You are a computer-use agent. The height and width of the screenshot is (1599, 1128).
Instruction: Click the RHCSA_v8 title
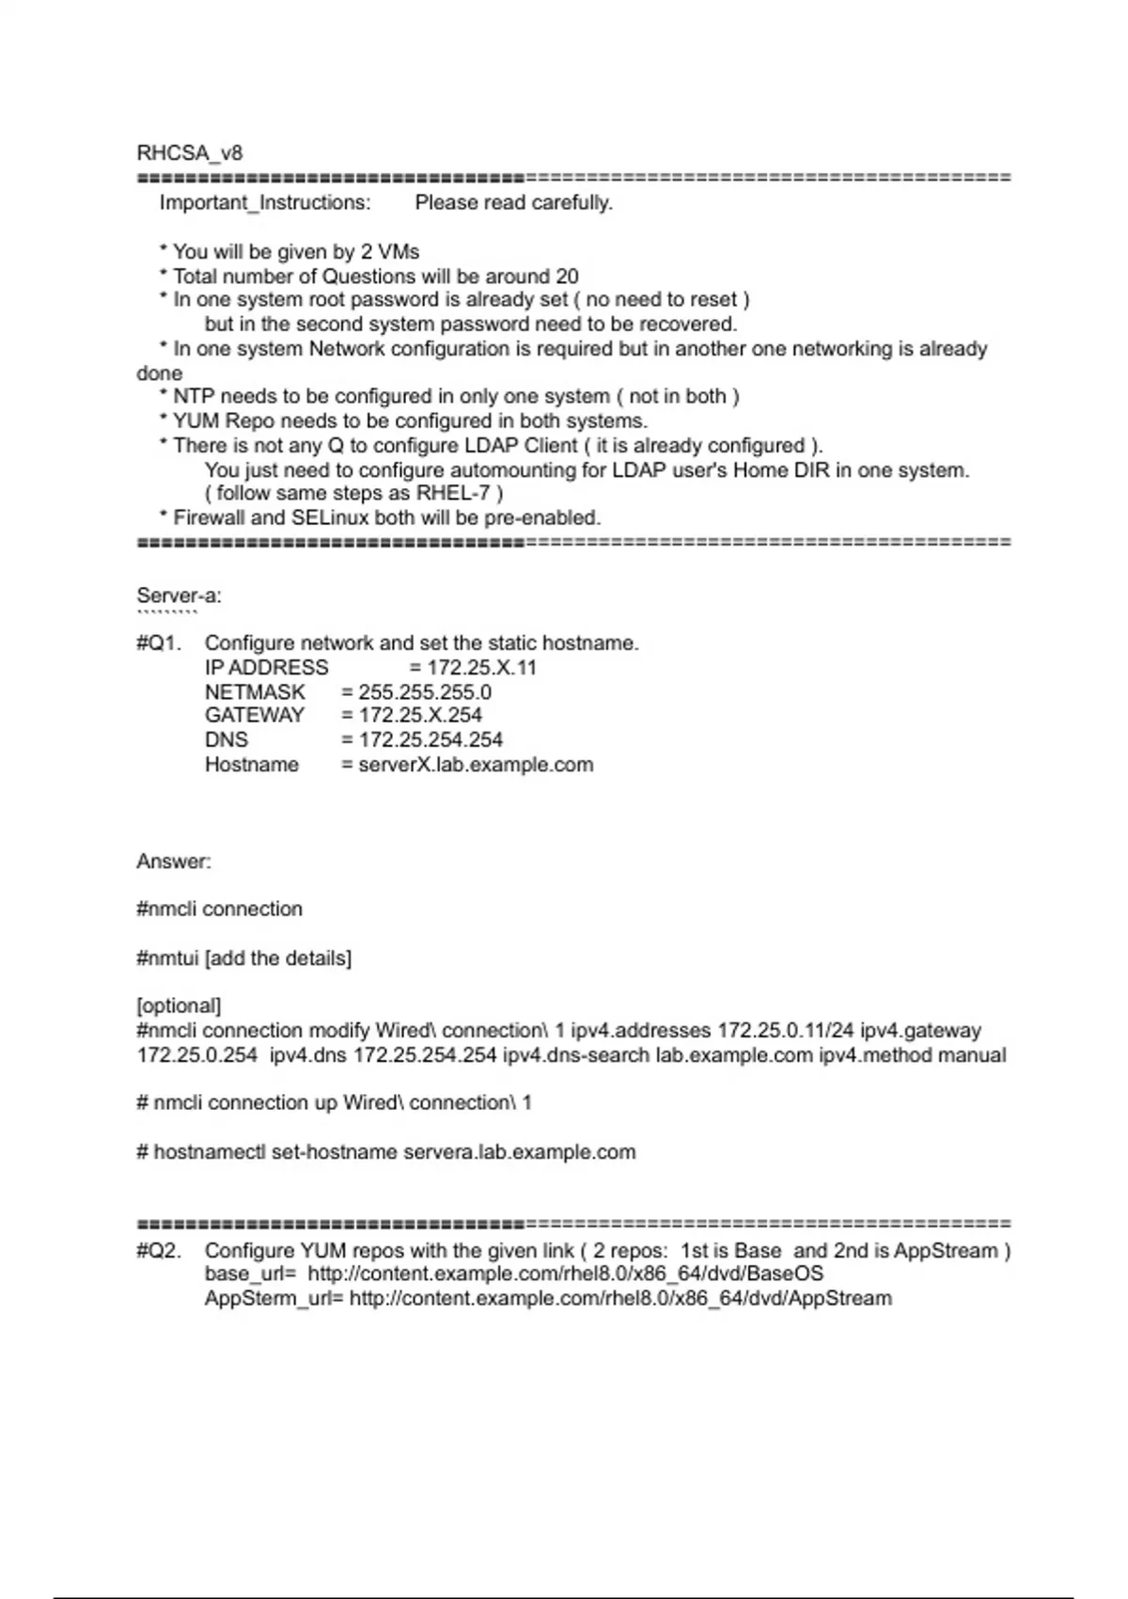coord(189,153)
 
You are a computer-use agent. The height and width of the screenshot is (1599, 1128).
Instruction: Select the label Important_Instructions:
coord(265,203)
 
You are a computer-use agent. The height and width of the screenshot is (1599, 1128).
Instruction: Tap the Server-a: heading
coord(179,595)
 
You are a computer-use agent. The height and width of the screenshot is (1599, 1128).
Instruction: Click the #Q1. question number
coord(158,643)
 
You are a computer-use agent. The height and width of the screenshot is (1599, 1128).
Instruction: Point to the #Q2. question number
coord(158,1251)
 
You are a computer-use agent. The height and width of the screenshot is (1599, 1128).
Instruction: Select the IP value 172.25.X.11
coord(482,668)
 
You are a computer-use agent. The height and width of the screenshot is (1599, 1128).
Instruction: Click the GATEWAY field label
coord(255,715)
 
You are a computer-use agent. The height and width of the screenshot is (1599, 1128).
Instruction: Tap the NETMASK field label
coord(255,692)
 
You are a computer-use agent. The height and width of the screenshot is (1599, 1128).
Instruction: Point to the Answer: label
coord(174,862)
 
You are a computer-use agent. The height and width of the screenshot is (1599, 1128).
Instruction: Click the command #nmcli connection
coord(219,910)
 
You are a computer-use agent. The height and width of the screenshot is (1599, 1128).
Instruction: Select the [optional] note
coord(179,1006)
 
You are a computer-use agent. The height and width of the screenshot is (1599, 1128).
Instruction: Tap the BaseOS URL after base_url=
coord(565,1274)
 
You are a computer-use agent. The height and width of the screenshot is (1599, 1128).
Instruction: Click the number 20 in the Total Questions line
coord(567,277)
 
